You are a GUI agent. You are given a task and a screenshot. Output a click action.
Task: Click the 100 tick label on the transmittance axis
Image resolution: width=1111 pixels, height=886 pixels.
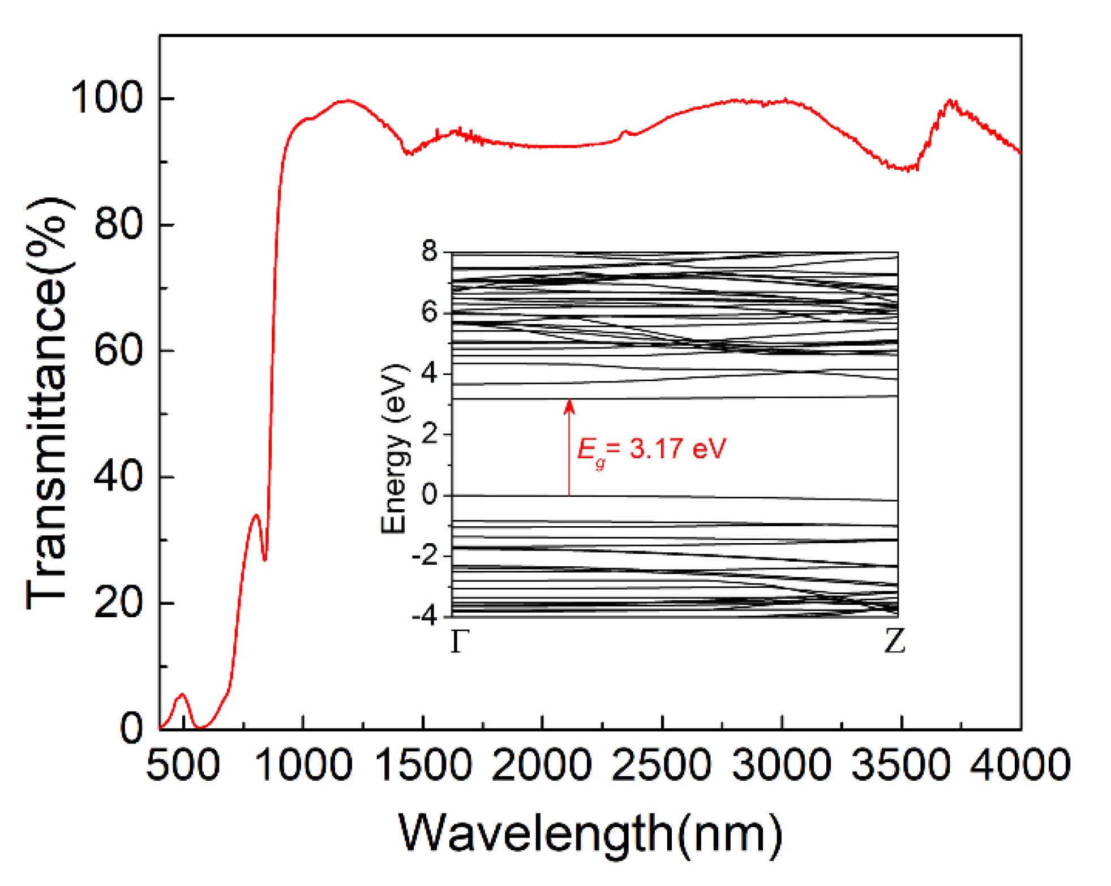click(x=106, y=98)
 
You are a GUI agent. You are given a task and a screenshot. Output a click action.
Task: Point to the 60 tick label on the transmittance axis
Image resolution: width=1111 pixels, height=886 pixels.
click(x=118, y=351)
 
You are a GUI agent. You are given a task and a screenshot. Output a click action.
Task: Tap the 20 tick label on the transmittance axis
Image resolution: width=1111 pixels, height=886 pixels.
click(x=118, y=603)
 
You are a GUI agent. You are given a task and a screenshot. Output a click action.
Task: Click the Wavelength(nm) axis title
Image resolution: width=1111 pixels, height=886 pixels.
click(x=590, y=833)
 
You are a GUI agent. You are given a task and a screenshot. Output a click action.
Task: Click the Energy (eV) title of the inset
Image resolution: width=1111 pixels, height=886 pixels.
click(x=394, y=448)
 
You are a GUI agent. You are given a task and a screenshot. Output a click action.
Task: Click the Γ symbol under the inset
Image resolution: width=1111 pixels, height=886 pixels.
click(x=460, y=642)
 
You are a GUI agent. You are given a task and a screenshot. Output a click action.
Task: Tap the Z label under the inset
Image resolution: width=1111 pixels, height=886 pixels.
click(x=894, y=642)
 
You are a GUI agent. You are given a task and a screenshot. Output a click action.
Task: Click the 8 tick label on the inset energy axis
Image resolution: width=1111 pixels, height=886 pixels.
click(x=430, y=251)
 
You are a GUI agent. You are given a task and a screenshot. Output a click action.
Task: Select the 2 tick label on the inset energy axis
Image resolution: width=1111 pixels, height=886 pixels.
click(x=430, y=434)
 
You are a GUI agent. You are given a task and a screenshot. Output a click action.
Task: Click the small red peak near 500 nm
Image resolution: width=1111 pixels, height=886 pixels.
click(x=182, y=694)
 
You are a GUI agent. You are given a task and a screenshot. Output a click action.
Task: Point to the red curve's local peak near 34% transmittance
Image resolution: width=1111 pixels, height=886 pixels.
click(x=256, y=515)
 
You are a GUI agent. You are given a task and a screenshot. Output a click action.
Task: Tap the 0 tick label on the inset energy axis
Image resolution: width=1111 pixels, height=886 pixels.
click(x=430, y=495)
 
